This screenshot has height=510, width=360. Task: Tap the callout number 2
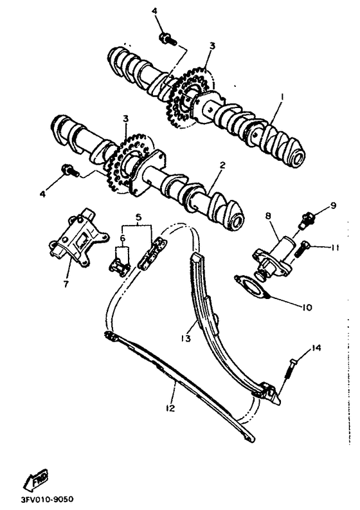[x=221, y=165]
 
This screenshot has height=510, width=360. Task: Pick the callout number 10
[x=306, y=307]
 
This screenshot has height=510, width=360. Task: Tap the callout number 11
[x=334, y=247]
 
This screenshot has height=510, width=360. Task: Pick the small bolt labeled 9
[x=308, y=219]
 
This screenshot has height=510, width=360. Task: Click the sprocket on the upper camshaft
[x=190, y=96]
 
